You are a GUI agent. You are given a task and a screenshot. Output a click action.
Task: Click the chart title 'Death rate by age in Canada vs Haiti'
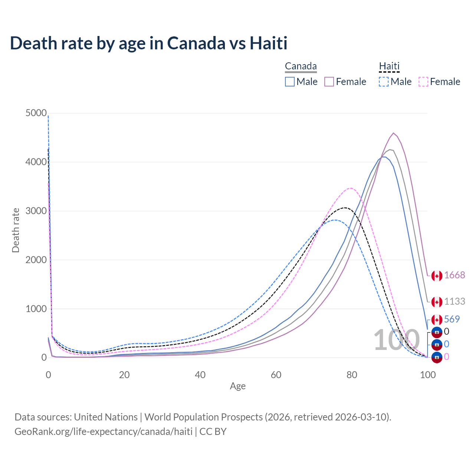[148, 43]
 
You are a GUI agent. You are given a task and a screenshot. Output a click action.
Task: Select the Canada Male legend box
[290, 82]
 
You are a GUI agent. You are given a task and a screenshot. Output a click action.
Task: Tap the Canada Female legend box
[329, 82]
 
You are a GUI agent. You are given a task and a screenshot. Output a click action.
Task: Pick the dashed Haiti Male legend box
[384, 82]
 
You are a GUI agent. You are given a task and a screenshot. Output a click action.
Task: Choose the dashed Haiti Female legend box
[423, 82]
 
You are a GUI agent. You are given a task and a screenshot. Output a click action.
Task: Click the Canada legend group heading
[301, 66]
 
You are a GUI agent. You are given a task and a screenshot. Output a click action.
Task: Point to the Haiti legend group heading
[389, 66]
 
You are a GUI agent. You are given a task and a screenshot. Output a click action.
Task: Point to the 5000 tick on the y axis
[36, 113]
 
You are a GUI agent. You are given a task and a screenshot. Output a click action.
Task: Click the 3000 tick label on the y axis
[36, 211]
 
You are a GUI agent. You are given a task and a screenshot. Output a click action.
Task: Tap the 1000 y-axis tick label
[36, 309]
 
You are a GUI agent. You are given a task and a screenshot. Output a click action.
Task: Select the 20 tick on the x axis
[124, 375]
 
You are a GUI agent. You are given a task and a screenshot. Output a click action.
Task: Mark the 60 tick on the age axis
[276, 375]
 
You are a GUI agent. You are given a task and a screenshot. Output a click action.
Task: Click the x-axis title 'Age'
[237, 386]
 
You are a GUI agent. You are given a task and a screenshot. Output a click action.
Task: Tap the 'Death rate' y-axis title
[16, 230]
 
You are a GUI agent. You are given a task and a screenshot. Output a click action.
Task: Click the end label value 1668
[454, 275]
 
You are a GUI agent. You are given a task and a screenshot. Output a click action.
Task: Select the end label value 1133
[454, 301]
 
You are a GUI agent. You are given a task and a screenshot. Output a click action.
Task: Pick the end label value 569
[452, 319]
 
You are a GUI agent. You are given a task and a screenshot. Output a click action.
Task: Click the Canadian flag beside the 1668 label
[437, 276]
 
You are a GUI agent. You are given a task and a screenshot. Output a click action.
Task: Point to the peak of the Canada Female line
[393, 133]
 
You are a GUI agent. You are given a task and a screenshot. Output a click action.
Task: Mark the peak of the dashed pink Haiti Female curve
[351, 188]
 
